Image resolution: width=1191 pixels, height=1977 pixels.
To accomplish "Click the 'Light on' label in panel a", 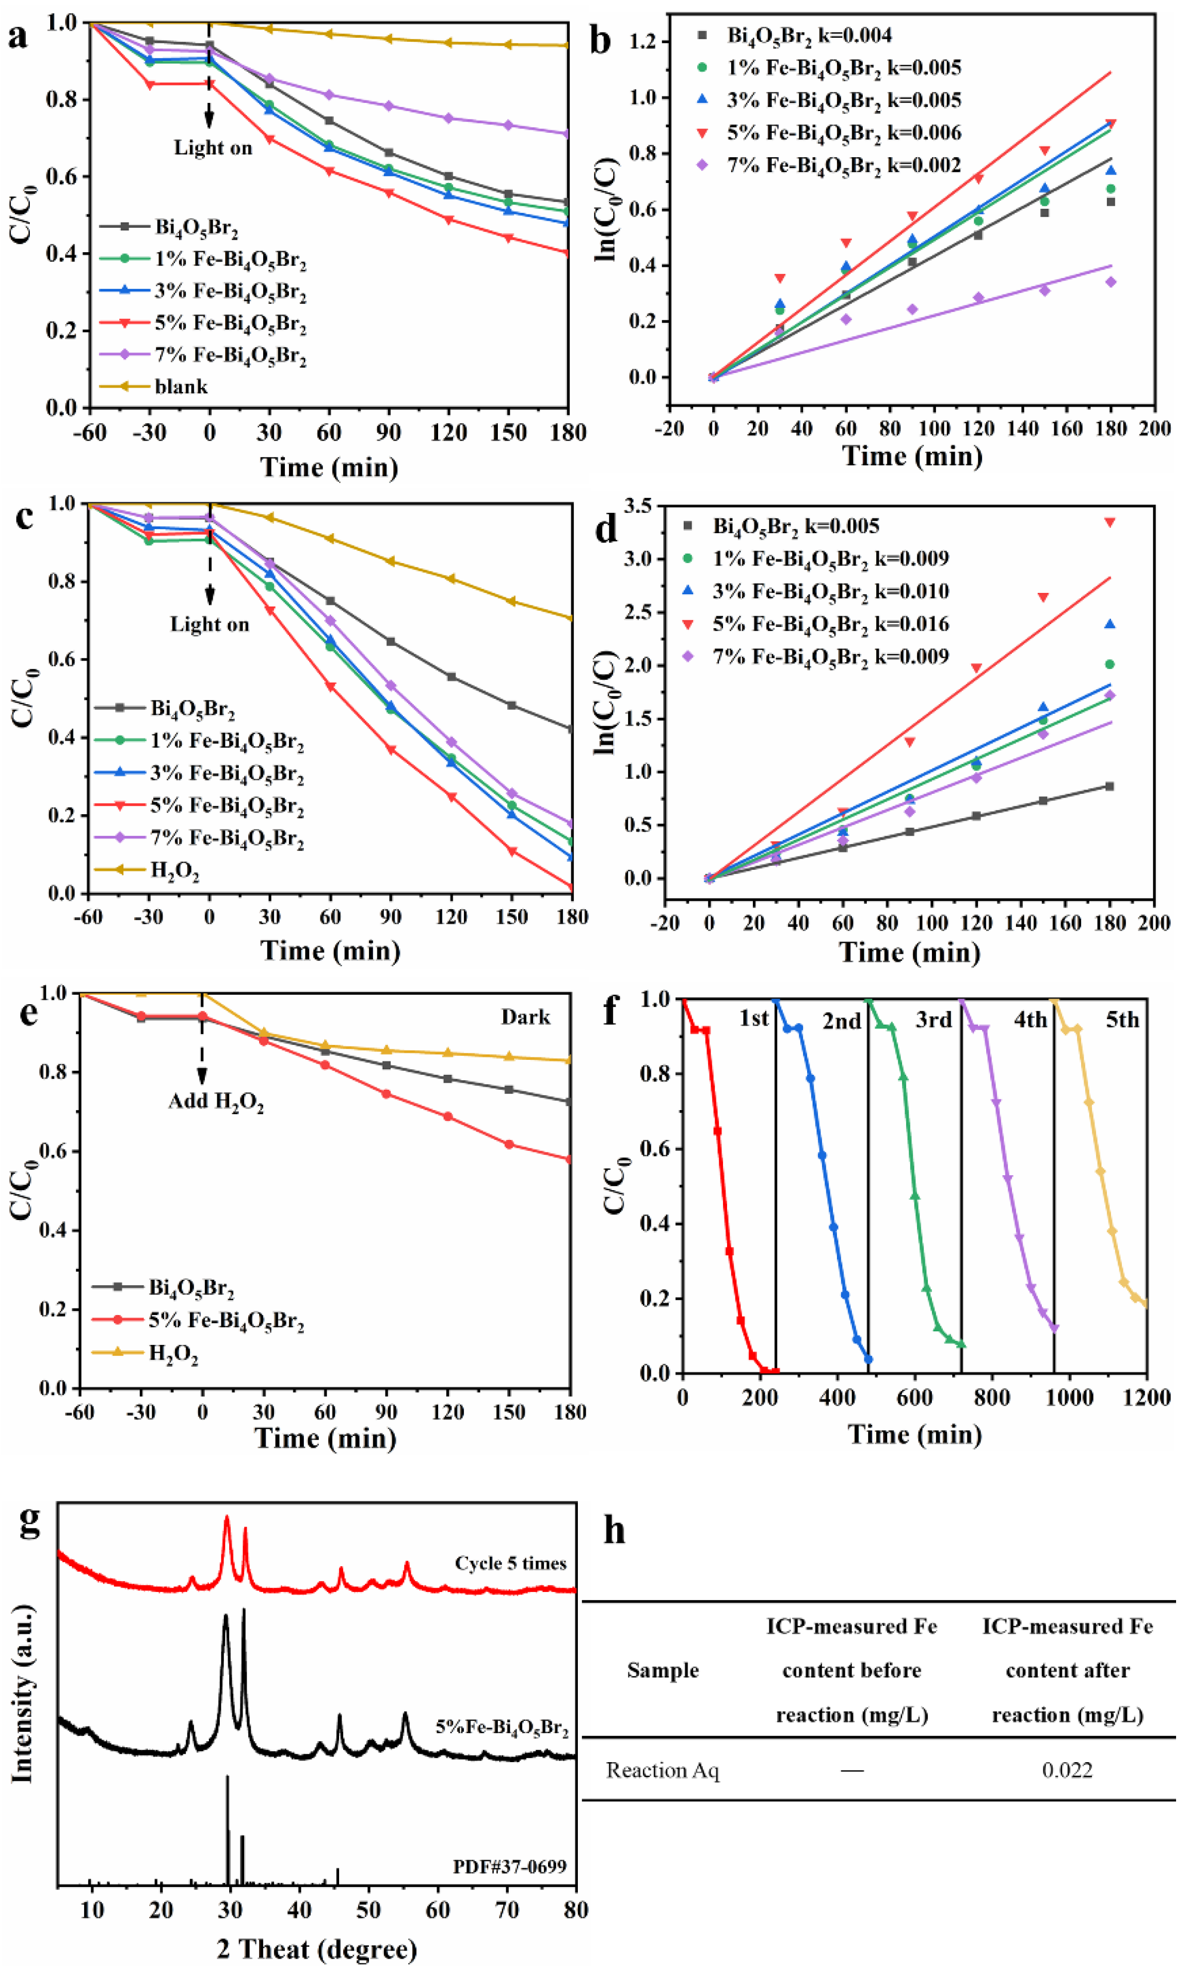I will coord(212,148).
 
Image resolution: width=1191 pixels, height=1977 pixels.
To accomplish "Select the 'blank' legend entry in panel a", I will coord(181,387).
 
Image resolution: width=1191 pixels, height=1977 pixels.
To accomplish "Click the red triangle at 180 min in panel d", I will coord(1110,522).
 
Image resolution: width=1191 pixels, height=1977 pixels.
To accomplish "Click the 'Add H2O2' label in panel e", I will coord(216,1102).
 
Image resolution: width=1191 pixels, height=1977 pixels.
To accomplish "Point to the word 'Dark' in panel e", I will coord(525,1018).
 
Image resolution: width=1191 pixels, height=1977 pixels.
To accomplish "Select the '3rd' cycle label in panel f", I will coord(933,1020).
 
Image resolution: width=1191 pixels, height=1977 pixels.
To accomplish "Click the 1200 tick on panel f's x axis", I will coord(1146,1397).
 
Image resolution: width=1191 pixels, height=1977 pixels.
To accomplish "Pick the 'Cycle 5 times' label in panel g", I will coord(510,1563).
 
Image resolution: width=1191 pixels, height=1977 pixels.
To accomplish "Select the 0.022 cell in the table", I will coord(1067,1770).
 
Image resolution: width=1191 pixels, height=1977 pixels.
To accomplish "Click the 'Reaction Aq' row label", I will coord(662,1770).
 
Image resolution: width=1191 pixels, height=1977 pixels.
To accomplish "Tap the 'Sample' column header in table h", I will coord(662,1671).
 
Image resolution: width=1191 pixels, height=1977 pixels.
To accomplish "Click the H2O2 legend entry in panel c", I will coord(174,870).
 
